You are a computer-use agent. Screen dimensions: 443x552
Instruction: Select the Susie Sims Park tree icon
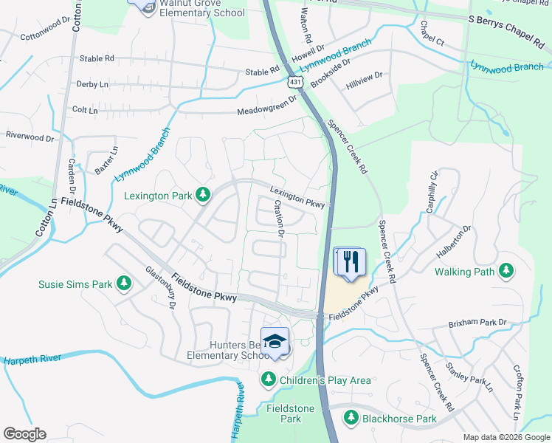[x=124, y=284]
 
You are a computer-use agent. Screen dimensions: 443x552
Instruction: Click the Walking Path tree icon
[x=506, y=272]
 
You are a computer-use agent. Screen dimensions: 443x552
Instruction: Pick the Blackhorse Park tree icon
[x=352, y=419]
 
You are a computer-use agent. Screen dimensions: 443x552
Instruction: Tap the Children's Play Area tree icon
[x=269, y=380]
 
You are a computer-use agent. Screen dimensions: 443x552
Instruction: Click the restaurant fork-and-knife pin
[x=350, y=261]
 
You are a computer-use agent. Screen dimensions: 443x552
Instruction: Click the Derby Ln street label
[x=92, y=84]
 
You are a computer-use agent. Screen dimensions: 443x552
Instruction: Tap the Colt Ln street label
[x=85, y=110]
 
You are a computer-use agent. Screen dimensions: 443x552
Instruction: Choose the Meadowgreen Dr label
[x=266, y=111]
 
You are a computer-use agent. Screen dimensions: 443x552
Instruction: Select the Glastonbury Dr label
[x=159, y=287]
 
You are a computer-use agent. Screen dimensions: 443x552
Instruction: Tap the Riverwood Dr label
[x=30, y=137]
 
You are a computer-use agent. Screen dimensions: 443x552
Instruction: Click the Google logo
[x=24, y=434]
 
